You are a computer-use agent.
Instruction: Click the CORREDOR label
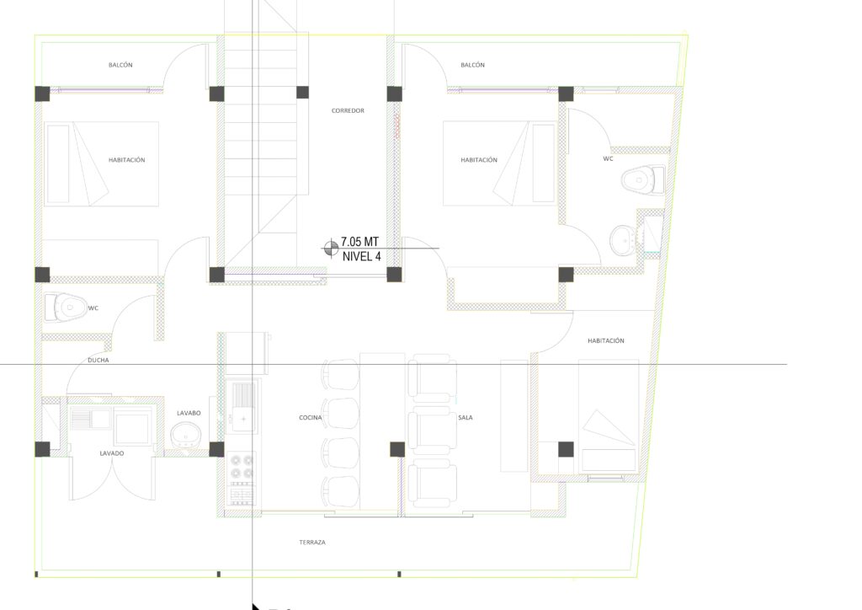(348, 110)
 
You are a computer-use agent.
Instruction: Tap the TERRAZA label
(312, 543)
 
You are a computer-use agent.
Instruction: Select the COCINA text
(311, 418)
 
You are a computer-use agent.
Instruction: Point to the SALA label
(465, 418)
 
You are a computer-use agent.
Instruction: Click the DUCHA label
(98, 361)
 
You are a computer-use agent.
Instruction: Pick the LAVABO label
(189, 413)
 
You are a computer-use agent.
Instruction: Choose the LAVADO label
(112, 453)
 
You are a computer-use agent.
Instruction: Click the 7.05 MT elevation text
(359, 242)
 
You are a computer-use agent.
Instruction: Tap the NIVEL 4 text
(362, 256)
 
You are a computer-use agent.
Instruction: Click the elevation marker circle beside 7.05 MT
(331, 248)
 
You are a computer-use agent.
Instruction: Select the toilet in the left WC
(66, 307)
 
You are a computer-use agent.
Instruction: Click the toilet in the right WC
(642, 179)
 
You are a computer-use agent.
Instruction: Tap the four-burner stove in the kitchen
(242, 466)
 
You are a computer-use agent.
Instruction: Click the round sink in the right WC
(624, 239)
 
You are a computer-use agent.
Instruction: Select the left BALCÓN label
(120, 65)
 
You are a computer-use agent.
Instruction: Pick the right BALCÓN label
(473, 65)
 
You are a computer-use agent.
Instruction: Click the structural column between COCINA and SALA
(397, 449)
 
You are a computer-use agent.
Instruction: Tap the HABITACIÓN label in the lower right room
(606, 341)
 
